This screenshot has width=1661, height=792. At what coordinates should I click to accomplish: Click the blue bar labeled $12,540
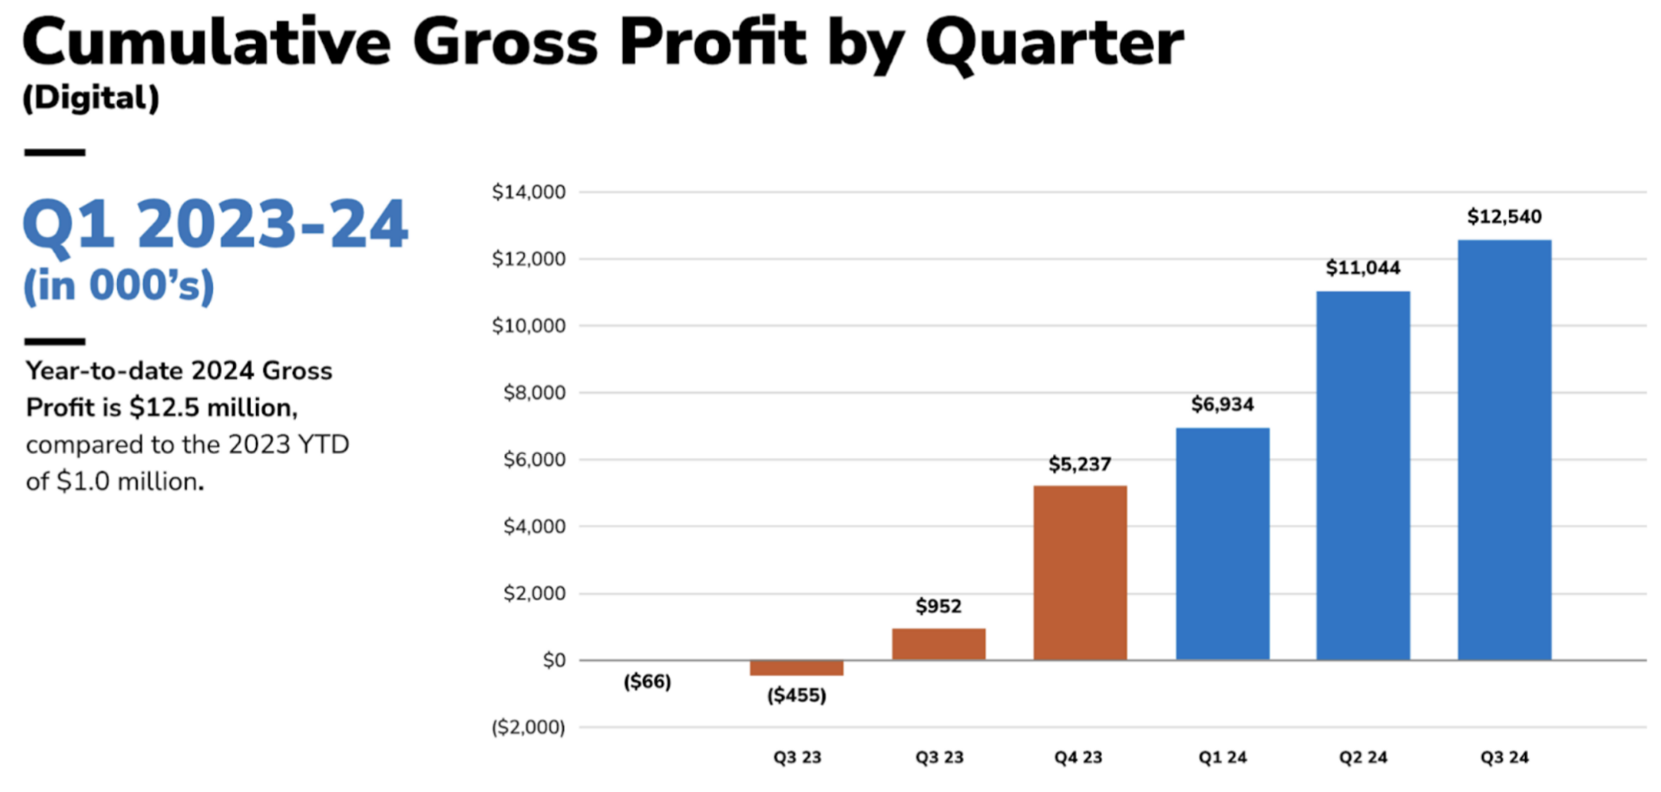point(1504,449)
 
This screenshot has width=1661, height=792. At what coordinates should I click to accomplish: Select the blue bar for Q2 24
point(1363,476)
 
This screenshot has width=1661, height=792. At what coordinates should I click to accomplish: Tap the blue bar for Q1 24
point(1222,544)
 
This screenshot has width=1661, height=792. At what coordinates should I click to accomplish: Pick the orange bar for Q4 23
point(1079,573)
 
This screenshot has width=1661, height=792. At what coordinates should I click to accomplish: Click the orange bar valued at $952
point(938,644)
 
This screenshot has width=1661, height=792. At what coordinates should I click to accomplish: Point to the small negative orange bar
point(796,668)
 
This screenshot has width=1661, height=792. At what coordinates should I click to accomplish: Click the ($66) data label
point(647,681)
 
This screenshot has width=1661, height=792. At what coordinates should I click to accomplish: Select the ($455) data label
point(796,696)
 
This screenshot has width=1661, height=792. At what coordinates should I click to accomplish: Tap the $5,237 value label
point(1079,464)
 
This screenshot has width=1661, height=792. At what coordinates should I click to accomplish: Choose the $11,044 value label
point(1363,268)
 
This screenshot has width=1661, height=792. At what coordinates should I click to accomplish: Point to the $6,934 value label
point(1222,405)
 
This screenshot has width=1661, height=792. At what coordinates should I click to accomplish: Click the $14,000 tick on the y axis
point(528,192)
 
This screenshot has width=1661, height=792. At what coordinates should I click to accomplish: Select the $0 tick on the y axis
point(554,660)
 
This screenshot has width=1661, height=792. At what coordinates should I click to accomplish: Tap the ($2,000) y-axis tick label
point(528,727)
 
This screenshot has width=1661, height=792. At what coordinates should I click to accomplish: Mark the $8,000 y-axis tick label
point(534,392)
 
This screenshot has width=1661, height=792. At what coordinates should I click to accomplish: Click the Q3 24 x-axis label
point(1504,757)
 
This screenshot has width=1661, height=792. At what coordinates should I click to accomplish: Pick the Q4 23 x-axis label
point(1079,757)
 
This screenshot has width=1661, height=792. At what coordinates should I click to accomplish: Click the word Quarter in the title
point(1054,44)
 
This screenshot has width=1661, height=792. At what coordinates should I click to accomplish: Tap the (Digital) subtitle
point(91,98)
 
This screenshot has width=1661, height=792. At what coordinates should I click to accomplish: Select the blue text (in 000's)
point(119,285)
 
